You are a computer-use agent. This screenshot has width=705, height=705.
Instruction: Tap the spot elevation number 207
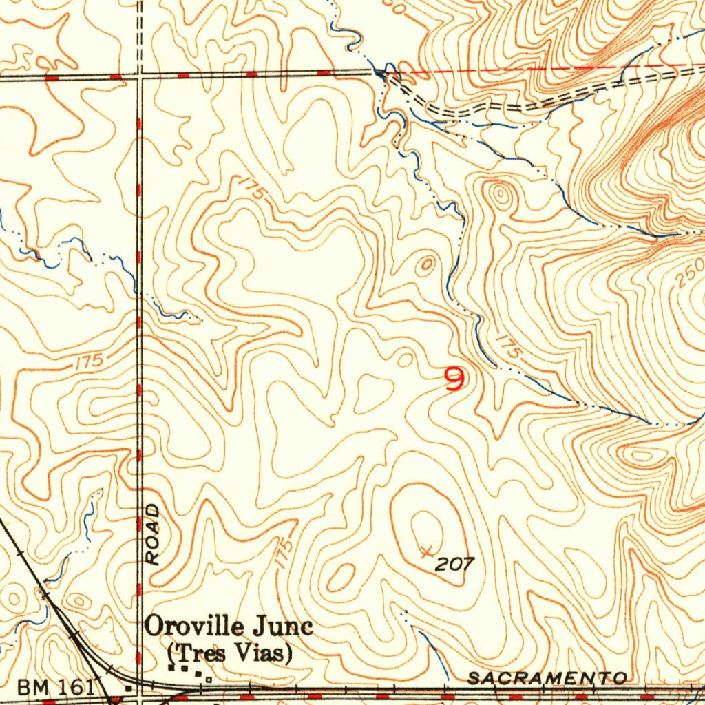click(455, 565)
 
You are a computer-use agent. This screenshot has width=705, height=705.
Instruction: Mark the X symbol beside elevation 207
click(427, 551)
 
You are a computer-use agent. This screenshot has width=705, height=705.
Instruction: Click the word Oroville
click(193, 627)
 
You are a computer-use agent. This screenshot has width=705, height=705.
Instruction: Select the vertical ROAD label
click(154, 534)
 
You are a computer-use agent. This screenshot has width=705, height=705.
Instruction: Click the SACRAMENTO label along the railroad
click(547, 679)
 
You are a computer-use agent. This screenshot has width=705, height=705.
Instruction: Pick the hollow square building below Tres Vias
click(209, 679)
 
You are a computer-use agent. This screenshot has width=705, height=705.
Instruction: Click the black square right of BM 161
click(129, 687)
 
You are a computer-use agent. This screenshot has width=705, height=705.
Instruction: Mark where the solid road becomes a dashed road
click(390, 74)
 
